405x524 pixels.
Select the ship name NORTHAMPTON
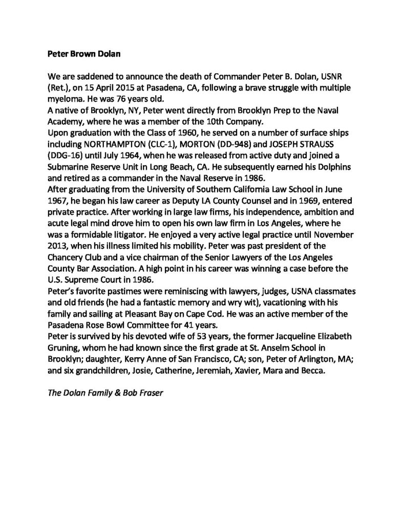(110, 145)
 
